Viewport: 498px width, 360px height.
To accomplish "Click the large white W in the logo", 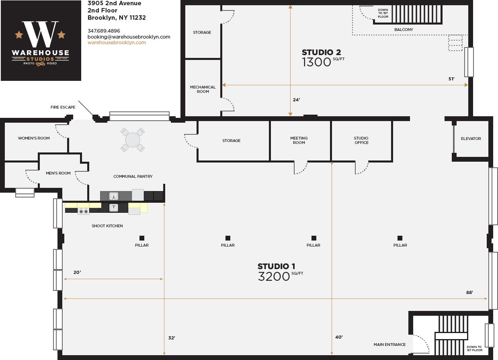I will point(40,34).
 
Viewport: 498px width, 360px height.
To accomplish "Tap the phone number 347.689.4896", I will point(104,31).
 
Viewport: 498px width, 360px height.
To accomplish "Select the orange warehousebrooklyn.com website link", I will point(117,43).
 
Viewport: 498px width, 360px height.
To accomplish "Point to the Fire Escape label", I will point(63,107).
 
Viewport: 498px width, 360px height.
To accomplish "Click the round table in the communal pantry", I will point(133,140).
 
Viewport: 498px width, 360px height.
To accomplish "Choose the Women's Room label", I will point(34,138).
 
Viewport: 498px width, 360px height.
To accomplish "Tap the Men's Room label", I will point(58,173).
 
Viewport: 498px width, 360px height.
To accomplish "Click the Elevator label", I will point(471,139).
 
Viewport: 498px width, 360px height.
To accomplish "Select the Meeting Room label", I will point(299,140).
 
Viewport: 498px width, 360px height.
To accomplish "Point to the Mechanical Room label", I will point(203,89).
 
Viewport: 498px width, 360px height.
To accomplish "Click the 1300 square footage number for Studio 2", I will point(316,62).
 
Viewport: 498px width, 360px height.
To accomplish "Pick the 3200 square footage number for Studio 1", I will point(274,276).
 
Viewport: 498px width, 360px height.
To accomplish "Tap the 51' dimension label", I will point(451,79).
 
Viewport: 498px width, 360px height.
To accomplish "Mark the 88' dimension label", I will point(469,292).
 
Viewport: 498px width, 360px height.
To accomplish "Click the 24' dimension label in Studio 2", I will point(296,100).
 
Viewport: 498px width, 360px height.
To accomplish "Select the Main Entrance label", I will point(389,344).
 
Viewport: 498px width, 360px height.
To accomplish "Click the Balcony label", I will point(404,30).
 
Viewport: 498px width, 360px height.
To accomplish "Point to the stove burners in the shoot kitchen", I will point(84,211).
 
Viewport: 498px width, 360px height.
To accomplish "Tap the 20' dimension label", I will point(77,272).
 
